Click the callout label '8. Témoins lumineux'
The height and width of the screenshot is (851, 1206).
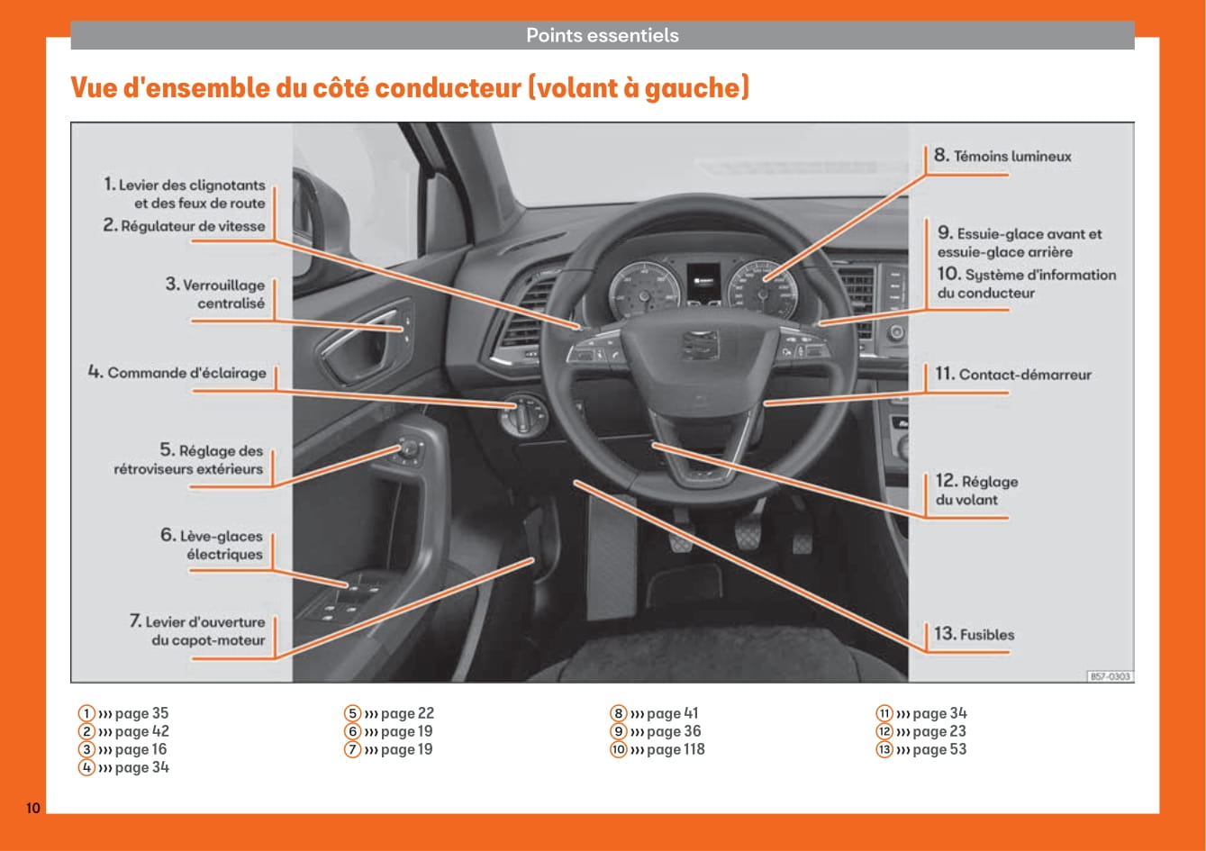[1002, 156]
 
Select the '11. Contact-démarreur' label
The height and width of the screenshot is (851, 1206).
[1012, 375]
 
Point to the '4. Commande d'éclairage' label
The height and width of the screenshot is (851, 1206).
[177, 373]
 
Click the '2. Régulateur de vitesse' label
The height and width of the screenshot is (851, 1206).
[184, 226]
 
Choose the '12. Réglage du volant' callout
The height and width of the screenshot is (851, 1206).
[976, 490]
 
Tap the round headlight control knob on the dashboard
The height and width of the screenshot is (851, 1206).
[521, 415]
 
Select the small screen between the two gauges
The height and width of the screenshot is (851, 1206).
[703, 281]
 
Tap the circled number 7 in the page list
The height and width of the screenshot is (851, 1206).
[352, 749]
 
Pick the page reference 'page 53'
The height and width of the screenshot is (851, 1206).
[939, 749]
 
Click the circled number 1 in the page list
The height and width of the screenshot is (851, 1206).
[86, 713]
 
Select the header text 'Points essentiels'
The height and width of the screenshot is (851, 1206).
[602, 36]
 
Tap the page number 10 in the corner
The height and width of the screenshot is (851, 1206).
[32, 808]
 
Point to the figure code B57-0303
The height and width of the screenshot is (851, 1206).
[1110, 676]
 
